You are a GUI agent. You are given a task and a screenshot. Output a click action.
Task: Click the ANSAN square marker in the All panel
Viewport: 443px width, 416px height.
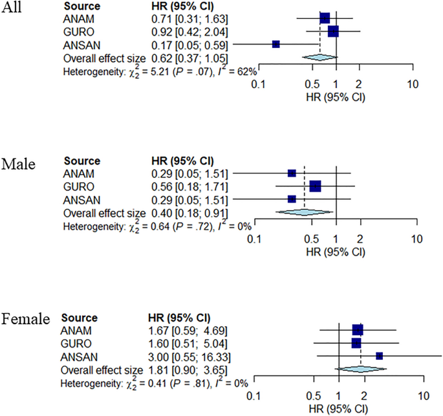tap(276, 44)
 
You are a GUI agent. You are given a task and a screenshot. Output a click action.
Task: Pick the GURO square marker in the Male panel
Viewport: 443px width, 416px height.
tap(316, 186)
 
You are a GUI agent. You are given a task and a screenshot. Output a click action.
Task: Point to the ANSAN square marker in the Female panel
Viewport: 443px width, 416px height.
tap(380, 355)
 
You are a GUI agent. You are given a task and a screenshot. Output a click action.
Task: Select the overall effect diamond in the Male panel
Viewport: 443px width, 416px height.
tap(304, 212)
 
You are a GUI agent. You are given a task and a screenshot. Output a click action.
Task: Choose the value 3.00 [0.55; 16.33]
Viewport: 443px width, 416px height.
tap(188, 356)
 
